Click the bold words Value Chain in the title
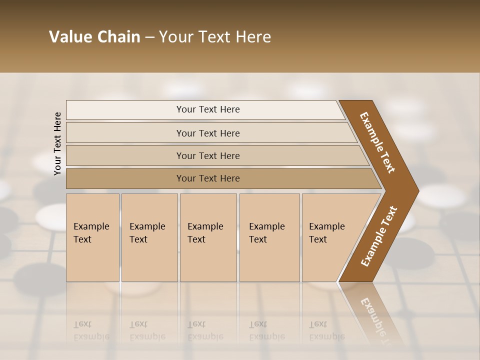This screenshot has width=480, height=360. coord(94,37)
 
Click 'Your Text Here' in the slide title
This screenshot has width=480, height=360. coord(215,37)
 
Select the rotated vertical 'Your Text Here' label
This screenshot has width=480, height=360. coord(57,143)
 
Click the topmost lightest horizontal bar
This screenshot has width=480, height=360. coord(207,109)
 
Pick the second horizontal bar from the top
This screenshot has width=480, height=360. coord(207,133)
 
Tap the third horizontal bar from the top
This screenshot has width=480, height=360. coord(207,155)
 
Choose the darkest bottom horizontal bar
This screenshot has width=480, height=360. coord(207,178)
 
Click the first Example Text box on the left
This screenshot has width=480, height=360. coord(92,237)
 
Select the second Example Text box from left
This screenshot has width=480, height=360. coord(149,237)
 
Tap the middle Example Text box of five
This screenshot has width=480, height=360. coord(208,237)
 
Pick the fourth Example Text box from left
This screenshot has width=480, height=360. coord(269,237)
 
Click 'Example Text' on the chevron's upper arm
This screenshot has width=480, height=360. coord(377,142)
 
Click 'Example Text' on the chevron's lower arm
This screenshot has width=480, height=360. coord(378,236)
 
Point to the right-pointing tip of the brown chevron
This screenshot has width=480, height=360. coord(416,190)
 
